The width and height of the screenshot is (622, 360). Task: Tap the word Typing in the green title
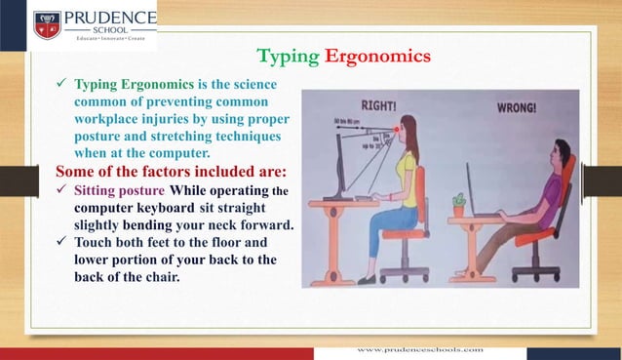(x=287, y=57)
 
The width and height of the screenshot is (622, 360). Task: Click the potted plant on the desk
(x=459, y=205)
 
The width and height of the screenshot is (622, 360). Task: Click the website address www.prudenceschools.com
(x=420, y=347)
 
